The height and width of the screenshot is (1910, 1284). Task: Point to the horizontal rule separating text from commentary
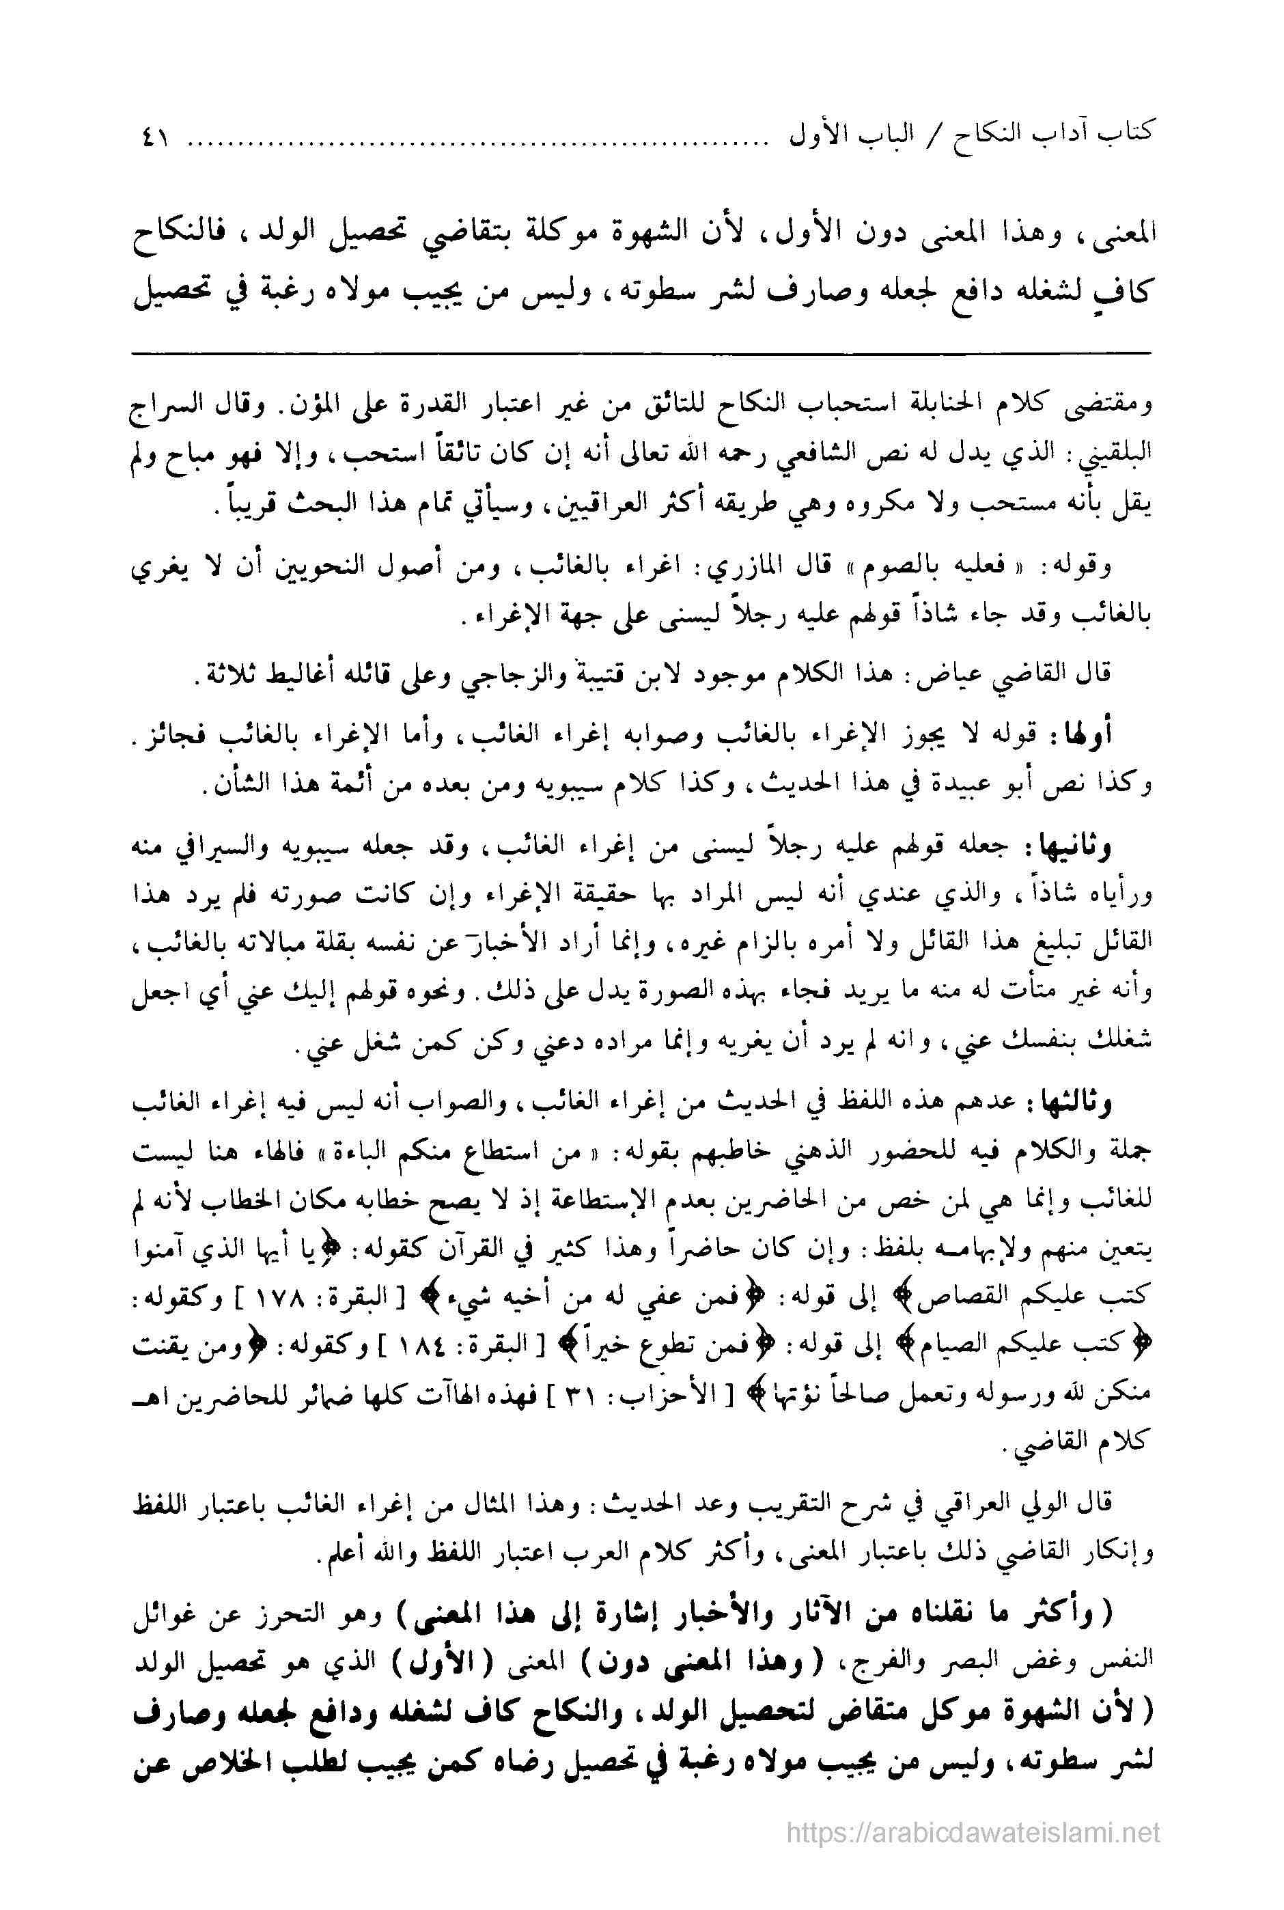(642, 353)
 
